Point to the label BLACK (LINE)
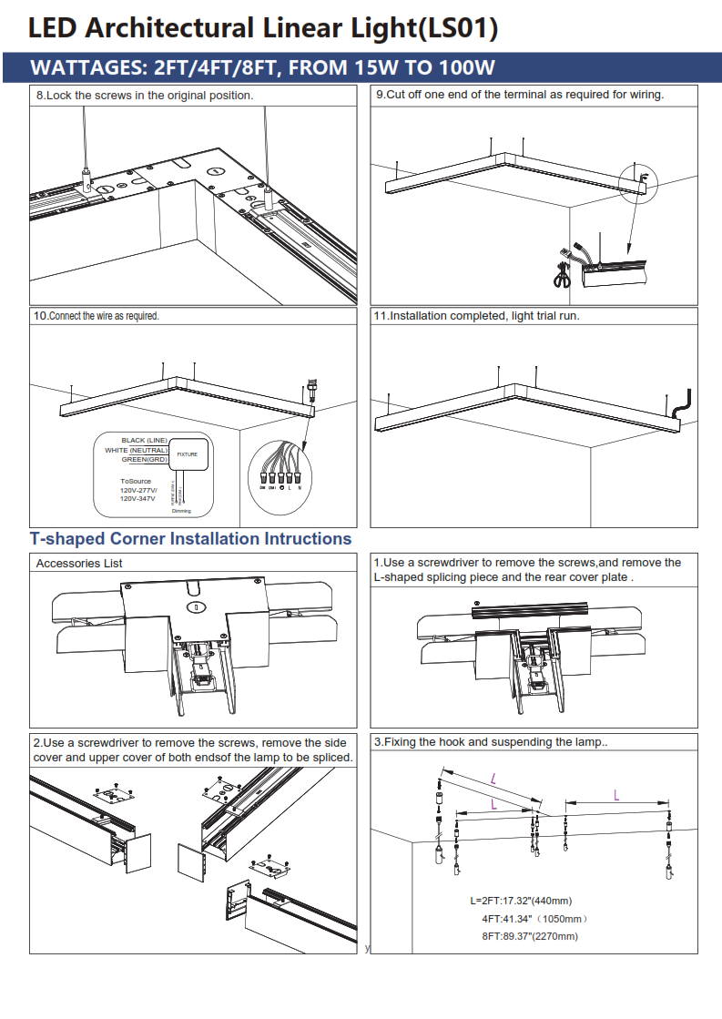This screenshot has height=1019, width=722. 144,441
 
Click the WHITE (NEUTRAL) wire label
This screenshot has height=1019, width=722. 136,450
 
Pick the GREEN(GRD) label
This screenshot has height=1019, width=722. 145,459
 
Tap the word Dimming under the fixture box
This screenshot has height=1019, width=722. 181,511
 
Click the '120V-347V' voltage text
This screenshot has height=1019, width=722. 137,500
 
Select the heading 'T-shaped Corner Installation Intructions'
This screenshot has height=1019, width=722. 190,539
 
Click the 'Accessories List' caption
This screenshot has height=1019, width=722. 79,564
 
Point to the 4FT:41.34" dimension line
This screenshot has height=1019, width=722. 534,920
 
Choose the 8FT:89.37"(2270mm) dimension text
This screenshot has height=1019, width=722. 530,936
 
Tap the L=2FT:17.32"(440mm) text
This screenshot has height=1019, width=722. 521,901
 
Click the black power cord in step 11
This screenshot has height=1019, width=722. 686,401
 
